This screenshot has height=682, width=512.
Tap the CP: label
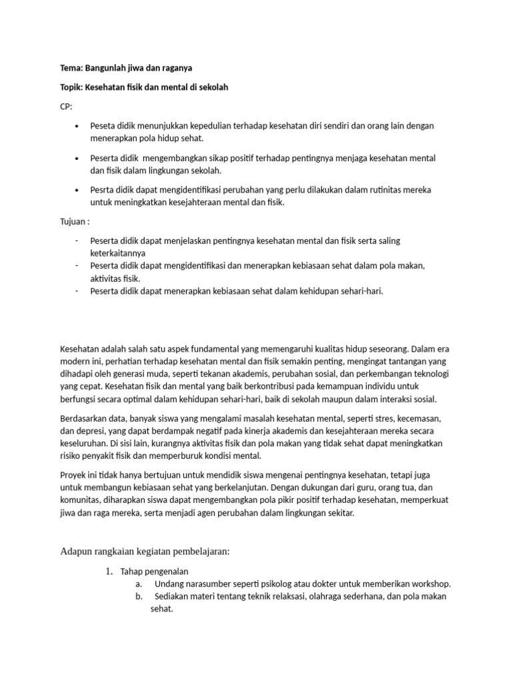pyautogui.click(x=67, y=107)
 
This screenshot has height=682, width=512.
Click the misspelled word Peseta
pyautogui.click(x=103, y=126)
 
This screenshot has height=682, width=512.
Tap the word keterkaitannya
pyautogui.click(x=118, y=253)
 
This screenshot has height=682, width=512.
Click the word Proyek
pyautogui.click(x=74, y=476)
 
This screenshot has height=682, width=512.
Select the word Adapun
pyautogui.click(x=76, y=551)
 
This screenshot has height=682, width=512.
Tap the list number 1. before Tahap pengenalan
pyautogui.click(x=110, y=571)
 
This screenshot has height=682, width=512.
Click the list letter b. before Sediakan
pyautogui.click(x=139, y=597)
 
